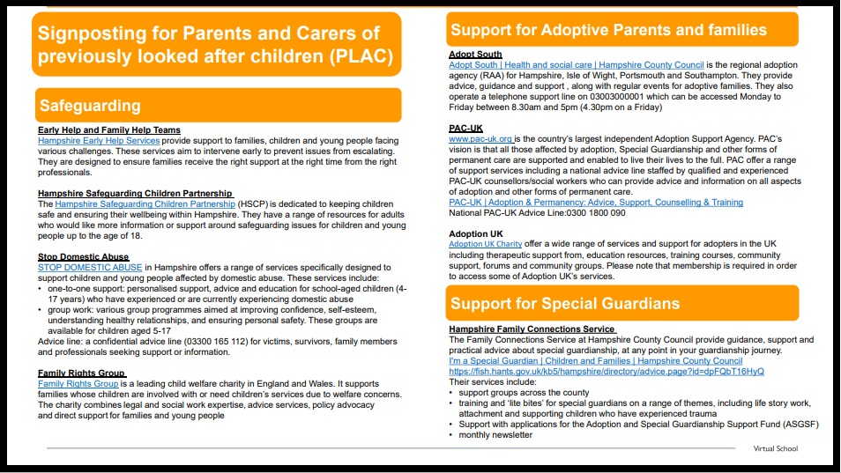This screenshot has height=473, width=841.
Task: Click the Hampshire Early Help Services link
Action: pos(99,141)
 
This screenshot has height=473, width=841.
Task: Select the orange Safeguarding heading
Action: pos(90,106)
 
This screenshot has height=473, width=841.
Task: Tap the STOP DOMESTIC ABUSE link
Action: pos(90,267)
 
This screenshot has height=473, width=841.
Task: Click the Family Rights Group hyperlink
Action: pos(78,384)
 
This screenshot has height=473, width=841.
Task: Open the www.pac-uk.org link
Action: pos(480,139)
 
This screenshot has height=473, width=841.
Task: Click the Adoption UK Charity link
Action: pos(485,244)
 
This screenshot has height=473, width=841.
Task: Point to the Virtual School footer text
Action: pos(776,448)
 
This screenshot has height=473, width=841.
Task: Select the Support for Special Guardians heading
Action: pos(565,304)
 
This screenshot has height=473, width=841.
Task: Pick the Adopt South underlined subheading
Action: pos(475,55)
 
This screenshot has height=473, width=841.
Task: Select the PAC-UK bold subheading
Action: pos(465,129)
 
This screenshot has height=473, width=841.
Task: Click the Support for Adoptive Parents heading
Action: pos(608,30)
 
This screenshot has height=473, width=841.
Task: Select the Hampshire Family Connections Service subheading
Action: pos(532,329)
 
